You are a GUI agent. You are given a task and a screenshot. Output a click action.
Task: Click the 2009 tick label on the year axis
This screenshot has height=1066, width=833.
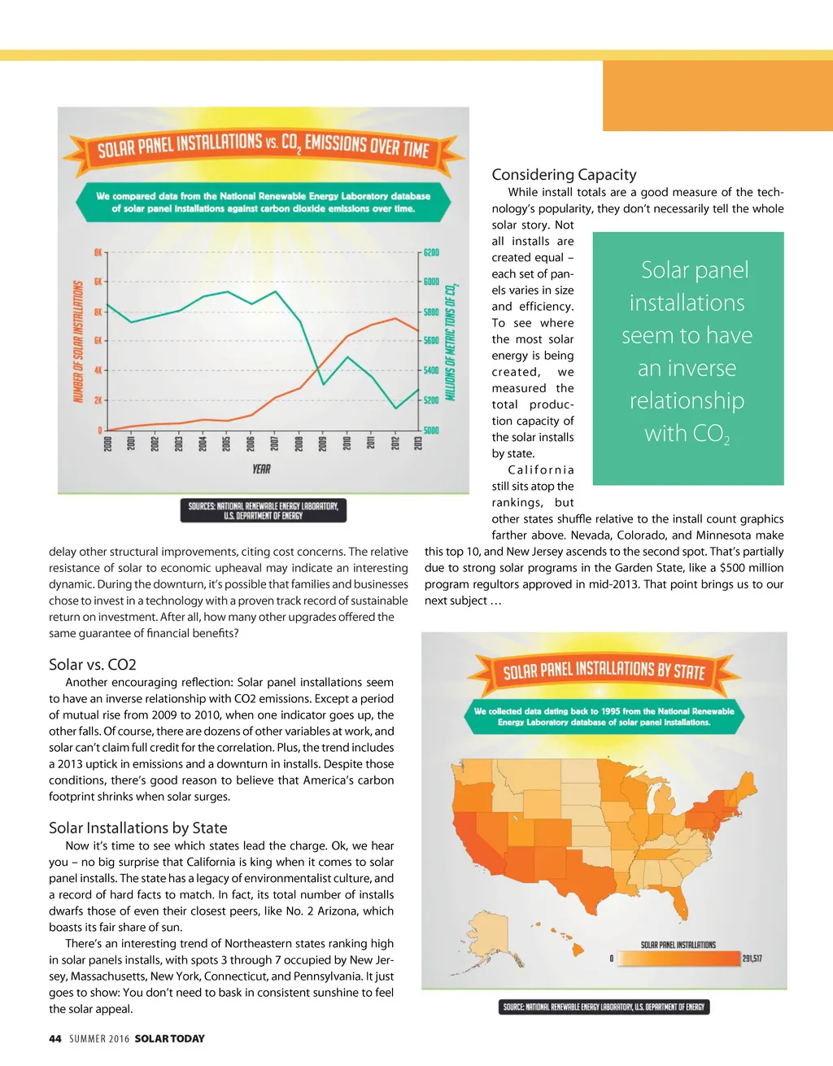322,443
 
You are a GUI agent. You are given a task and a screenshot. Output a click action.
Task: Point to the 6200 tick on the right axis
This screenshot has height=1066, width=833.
431,253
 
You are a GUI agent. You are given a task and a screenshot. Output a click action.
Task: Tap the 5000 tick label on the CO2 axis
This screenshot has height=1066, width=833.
431,430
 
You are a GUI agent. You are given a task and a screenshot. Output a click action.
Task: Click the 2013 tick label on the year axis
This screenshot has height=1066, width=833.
418,443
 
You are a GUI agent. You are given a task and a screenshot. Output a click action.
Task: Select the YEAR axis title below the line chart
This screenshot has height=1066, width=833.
261,470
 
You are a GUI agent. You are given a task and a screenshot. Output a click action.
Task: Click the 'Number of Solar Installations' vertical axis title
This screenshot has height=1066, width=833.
79,341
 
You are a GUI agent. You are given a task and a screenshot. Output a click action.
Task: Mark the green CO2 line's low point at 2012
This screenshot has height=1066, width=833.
395,408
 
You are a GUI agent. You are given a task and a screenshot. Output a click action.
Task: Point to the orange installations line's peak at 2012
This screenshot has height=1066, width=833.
395,318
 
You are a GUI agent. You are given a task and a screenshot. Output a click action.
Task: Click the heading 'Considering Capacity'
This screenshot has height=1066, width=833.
564,175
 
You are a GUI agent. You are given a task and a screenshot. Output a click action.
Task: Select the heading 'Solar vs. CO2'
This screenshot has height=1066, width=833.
93,665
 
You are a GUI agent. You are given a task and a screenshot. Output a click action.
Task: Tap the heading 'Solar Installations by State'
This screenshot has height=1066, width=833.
137,828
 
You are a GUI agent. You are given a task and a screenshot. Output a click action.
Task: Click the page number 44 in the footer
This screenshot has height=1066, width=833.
55,1039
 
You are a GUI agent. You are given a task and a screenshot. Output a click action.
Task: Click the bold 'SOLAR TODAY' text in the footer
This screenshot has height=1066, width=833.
169,1039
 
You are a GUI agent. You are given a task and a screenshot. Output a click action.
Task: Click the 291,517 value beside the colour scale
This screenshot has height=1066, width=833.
752,959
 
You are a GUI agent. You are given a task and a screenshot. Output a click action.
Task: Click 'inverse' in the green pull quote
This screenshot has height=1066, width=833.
687,369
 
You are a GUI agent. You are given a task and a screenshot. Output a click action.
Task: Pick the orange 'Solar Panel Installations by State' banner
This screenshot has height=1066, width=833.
604,671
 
